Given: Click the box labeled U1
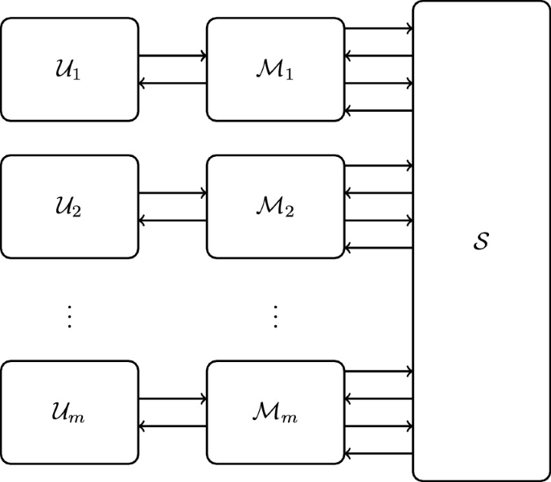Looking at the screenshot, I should [69, 70].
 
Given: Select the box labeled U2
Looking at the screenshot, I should [69, 207].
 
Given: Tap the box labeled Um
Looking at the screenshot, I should [69, 413].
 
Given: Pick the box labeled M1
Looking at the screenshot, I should [275, 70].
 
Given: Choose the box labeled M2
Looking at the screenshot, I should [275, 207].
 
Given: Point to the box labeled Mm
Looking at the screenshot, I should [275, 413].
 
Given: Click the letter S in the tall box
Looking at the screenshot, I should [481, 241].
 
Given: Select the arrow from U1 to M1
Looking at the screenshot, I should [172, 56].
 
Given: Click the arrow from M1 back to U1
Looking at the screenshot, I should [172, 83].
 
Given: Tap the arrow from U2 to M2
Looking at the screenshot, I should [172, 193].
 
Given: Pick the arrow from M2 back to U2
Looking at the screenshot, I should [172, 220].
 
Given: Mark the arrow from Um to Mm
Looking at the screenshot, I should [172, 399].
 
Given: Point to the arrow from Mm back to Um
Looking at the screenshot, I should [172, 426].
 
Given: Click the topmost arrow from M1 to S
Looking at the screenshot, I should [378, 29].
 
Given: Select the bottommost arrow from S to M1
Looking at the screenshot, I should [378, 110].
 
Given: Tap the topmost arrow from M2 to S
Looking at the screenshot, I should [378, 166].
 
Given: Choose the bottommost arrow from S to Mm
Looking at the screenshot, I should [378, 453].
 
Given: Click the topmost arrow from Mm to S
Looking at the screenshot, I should [378, 372].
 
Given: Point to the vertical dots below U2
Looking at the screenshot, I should [69, 317].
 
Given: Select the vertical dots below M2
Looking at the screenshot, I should [275, 317].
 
